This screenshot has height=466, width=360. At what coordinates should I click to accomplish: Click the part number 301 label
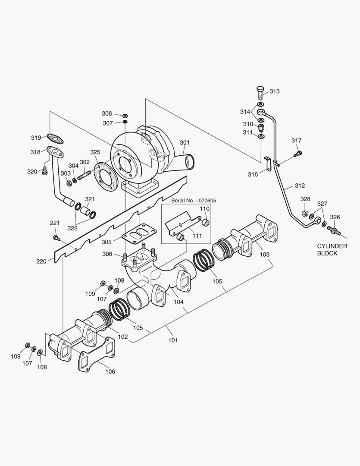(x=185, y=142)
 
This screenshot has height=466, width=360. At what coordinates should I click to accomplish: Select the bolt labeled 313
(x=260, y=92)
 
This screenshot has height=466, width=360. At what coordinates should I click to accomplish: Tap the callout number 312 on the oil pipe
(x=300, y=186)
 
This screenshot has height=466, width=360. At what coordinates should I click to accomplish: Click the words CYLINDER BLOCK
(x=332, y=249)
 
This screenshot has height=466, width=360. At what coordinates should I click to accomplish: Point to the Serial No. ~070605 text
(x=194, y=201)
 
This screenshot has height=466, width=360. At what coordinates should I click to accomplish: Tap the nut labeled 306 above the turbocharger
(x=125, y=115)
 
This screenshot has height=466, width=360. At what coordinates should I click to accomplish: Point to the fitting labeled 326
(x=334, y=230)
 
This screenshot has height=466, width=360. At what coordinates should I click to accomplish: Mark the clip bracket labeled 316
(x=268, y=164)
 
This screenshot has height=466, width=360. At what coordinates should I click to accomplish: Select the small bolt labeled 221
(x=56, y=238)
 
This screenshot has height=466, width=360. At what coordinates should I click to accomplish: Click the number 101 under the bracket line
(x=173, y=340)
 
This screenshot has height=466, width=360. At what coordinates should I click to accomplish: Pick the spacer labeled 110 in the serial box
(x=206, y=223)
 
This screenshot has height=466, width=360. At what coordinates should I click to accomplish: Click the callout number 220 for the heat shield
(x=41, y=261)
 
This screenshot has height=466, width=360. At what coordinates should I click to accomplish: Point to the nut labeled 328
(x=304, y=214)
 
